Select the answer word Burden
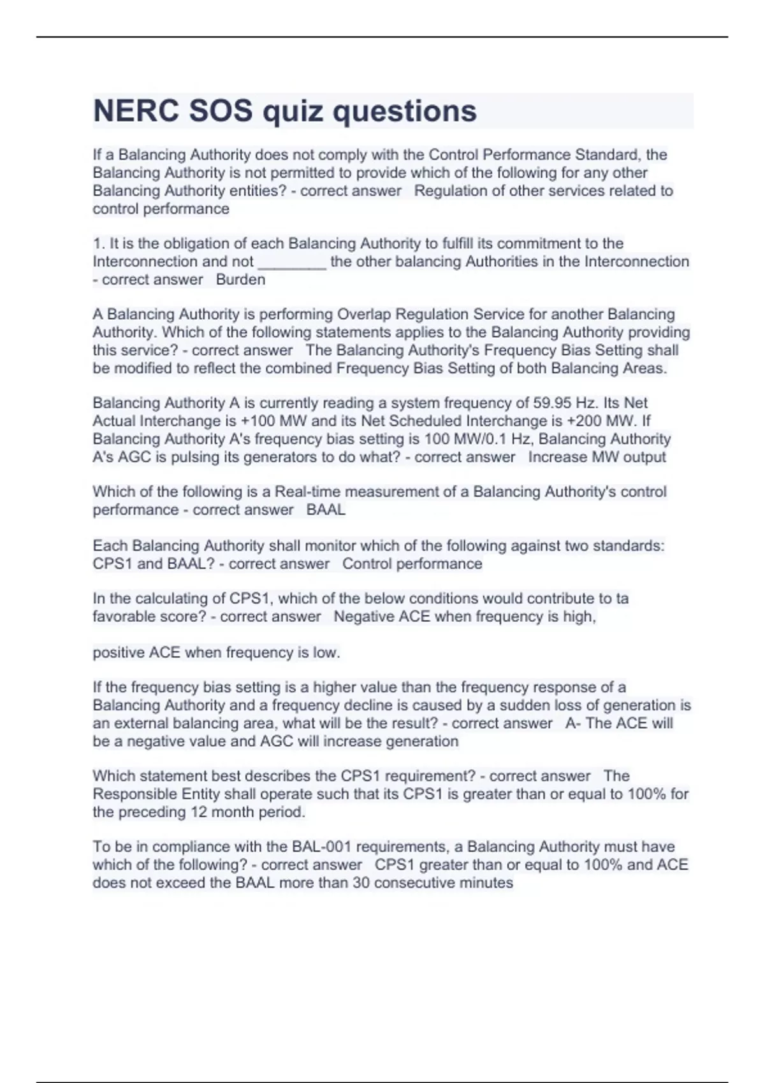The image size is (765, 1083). click(240, 280)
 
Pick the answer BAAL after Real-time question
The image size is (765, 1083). click(326, 510)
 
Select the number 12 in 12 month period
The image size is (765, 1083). click(198, 812)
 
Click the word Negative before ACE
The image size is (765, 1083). click(363, 617)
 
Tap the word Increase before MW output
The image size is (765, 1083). click(557, 457)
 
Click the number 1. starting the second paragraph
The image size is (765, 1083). click(99, 244)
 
